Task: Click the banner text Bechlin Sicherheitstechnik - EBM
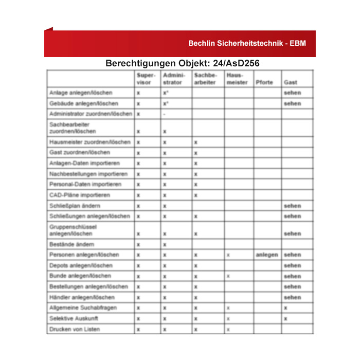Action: (247, 44)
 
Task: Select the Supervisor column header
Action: (146, 79)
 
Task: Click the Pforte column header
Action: (264, 82)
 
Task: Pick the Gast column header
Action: (290, 82)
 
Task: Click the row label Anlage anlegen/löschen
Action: (81, 93)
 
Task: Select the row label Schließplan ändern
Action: (75, 206)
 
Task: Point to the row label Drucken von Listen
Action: (75, 329)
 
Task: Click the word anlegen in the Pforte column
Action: (266, 255)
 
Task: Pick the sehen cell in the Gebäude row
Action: (292, 103)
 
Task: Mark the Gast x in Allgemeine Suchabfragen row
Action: (285, 308)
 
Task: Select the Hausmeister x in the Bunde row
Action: (228, 276)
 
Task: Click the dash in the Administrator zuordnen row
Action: (164, 114)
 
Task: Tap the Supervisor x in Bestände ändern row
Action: (138, 244)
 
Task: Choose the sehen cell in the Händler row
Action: (292, 297)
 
